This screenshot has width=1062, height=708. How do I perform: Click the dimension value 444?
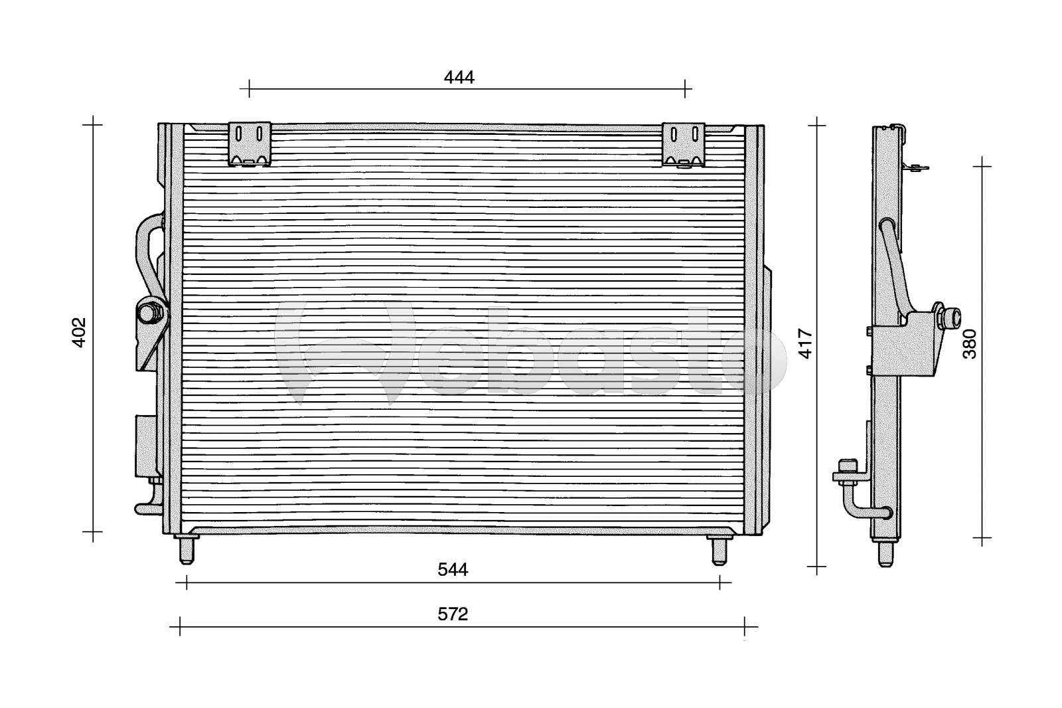coord(459,77)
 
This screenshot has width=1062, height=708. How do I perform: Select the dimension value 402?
coord(79,332)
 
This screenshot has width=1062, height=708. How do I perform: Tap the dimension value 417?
coord(805,343)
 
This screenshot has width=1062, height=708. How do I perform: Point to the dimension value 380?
coord(970,343)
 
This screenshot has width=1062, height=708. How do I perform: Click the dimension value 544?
coord(453,569)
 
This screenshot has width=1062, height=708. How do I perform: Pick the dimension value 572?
coord(453,614)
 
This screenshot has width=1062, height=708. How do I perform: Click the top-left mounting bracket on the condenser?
coord(250,143)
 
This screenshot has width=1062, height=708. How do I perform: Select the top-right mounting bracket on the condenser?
coord(683,145)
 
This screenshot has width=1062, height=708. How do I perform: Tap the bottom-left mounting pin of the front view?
coord(187,549)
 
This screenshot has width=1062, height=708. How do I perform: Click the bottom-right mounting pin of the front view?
coord(720,550)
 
